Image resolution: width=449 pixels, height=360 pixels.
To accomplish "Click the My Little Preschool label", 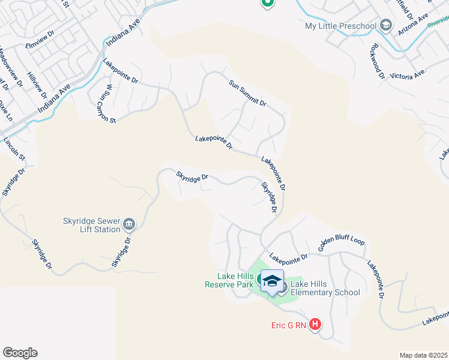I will click(x=340, y=26).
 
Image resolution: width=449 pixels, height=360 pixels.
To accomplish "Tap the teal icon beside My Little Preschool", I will click(x=385, y=25).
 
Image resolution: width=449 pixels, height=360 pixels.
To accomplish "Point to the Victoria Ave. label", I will click(x=408, y=74).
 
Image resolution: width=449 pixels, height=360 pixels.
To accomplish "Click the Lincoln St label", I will click(x=14, y=149).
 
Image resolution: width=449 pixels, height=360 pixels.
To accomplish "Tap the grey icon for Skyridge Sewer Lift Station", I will click(x=129, y=225).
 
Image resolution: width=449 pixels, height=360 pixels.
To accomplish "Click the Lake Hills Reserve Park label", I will click(x=229, y=280).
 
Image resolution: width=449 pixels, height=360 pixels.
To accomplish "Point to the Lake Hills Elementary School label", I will click(x=325, y=288).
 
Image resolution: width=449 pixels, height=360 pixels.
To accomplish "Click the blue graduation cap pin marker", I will click(x=272, y=281).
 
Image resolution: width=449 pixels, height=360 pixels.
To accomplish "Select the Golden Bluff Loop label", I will click(x=341, y=245).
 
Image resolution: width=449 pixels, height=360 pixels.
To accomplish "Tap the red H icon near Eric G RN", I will click(x=315, y=325).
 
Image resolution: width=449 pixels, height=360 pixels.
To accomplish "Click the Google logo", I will click(x=20, y=353).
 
